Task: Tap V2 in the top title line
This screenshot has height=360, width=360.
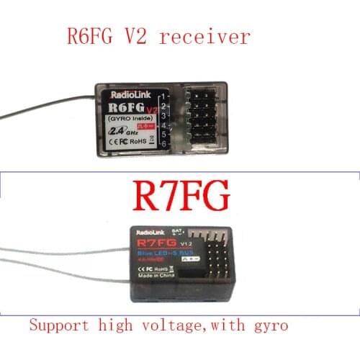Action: pos(150,37)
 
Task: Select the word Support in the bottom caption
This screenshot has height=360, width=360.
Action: pos(55,325)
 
